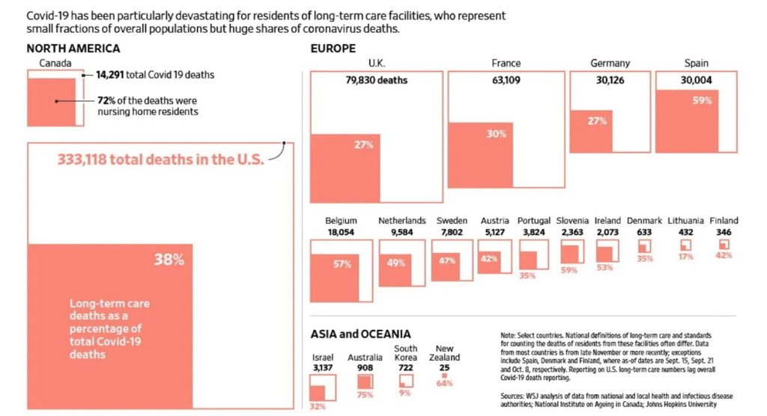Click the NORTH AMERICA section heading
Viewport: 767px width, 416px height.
[73, 49]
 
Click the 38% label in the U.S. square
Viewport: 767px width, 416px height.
[169, 260]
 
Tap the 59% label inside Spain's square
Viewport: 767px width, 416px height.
[702, 101]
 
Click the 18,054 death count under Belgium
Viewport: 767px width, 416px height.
[341, 232]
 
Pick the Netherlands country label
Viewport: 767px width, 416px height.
[402, 221]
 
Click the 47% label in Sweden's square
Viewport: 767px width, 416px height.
[446, 261]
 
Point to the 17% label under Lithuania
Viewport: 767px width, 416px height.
[684, 257]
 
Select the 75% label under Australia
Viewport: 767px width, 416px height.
[365, 394]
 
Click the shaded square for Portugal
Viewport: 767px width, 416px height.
[528, 260]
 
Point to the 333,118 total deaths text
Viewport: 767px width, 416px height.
[161, 159]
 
